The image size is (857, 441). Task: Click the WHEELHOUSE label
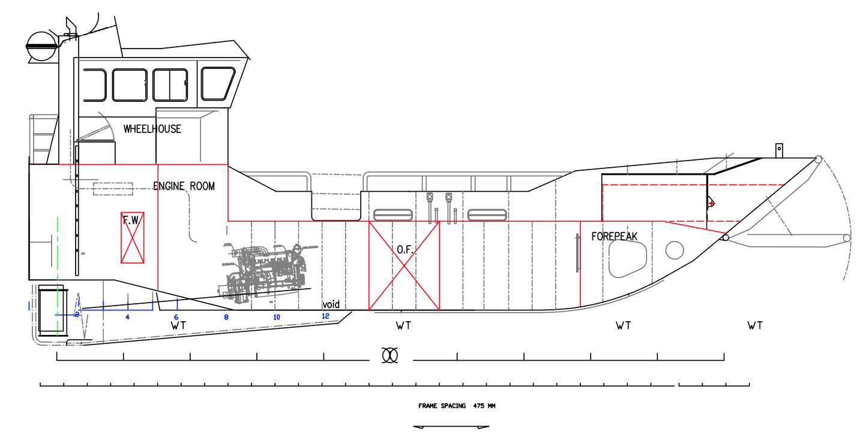(x=152, y=129)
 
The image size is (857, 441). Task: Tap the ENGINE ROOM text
(x=184, y=186)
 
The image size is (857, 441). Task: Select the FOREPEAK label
(x=615, y=237)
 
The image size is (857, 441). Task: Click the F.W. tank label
(x=132, y=220)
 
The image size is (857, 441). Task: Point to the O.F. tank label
(x=405, y=250)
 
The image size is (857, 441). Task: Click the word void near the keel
(x=331, y=304)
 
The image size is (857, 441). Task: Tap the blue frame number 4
(x=127, y=318)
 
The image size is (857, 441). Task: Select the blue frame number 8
(x=226, y=318)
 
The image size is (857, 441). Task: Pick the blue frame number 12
(x=326, y=316)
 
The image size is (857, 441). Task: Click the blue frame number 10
(x=277, y=318)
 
